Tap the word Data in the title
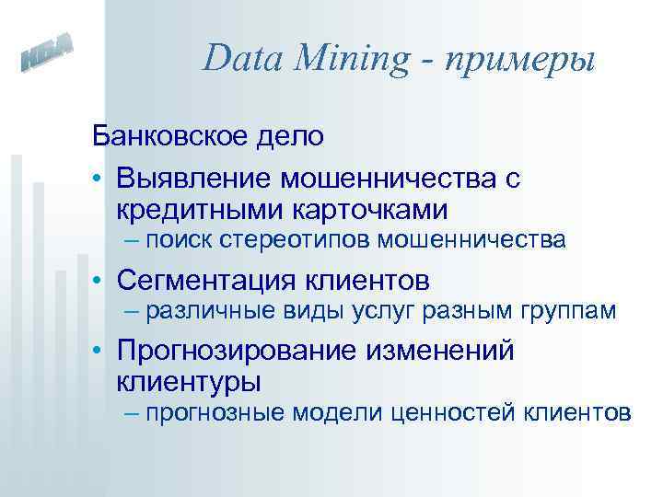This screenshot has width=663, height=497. [x=241, y=59]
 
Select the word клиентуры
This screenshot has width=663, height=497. [x=189, y=380]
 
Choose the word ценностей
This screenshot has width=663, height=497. [x=453, y=412]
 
